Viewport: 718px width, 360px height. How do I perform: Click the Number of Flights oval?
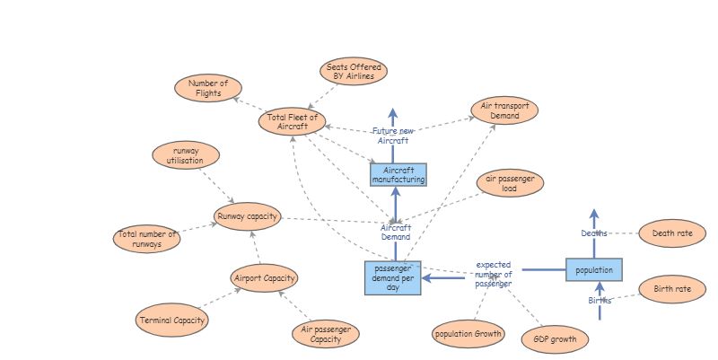(x=208, y=88)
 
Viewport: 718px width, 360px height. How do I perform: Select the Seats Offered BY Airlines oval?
(x=354, y=72)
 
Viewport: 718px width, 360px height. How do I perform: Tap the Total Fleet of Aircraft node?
(x=293, y=121)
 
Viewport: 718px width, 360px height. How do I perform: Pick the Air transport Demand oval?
(x=504, y=110)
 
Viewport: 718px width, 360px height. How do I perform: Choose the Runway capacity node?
(x=248, y=216)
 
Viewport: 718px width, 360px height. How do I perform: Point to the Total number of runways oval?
(x=148, y=239)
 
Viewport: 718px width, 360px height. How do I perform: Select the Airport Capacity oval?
(x=264, y=278)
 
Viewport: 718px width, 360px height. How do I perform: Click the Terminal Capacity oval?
(x=172, y=320)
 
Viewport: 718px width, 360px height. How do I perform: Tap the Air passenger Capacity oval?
(x=326, y=335)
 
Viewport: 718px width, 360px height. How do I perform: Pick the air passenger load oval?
(x=510, y=183)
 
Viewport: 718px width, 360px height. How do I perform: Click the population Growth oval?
(x=468, y=334)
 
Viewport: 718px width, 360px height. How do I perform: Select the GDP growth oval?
(x=556, y=340)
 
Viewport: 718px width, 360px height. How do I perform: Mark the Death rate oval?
(x=672, y=233)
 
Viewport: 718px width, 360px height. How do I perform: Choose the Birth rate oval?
(x=672, y=289)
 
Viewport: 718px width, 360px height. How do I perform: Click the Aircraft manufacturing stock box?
(x=398, y=174)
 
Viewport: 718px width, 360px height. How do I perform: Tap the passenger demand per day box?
(x=392, y=277)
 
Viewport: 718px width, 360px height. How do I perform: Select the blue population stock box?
(x=593, y=269)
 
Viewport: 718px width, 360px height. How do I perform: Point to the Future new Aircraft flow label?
(x=393, y=136)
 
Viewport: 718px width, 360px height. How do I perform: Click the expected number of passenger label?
(x=494, y=274)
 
